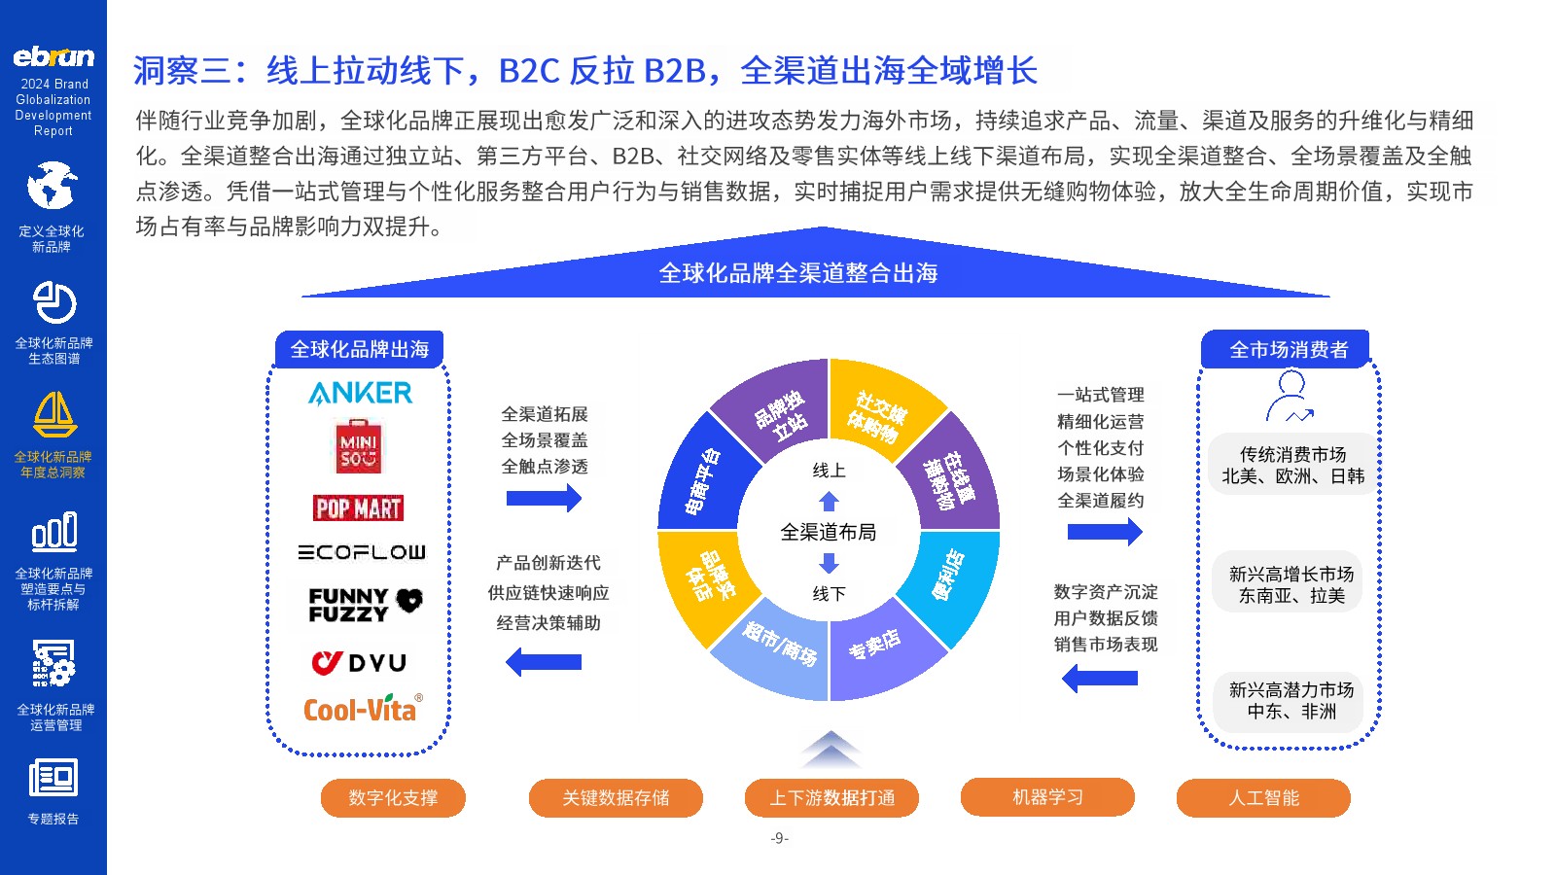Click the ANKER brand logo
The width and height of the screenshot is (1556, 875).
[360, 393]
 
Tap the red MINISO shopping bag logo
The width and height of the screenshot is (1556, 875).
[359, 446]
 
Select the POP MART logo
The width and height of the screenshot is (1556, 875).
[359, 508]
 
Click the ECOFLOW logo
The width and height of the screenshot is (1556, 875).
[361, 552]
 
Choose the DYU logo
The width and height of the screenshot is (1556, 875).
[359, 662]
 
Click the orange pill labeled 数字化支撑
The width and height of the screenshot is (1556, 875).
[393, 798]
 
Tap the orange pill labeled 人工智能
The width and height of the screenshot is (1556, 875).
[1263, 798]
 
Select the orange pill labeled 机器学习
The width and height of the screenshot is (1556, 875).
[1047, 797]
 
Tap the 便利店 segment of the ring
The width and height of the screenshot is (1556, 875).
[953, 582]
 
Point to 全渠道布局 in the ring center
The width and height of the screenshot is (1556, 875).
[828, 532]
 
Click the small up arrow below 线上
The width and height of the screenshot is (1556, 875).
[829, 502]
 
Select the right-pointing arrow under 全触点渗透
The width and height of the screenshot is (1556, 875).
[544, 498]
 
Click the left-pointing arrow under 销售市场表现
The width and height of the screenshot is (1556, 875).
[1100, 678]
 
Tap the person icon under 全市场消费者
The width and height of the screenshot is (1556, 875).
[1290, 397]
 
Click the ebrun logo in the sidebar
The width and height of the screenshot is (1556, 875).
[53, 56]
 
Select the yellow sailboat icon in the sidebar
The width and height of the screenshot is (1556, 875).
[54, 414]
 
